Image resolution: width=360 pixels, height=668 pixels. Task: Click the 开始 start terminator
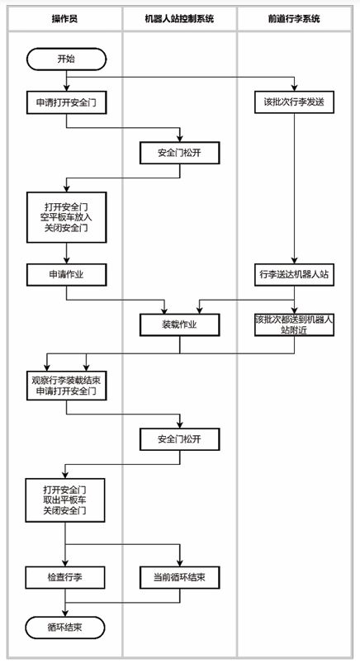(66, 59)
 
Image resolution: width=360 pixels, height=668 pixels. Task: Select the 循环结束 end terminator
(66, 628)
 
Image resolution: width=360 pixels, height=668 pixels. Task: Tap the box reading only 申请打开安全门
(66, 103)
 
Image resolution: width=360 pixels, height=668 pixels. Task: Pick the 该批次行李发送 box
(294, 103)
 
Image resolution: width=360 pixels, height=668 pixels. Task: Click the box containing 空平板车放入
(66, 217)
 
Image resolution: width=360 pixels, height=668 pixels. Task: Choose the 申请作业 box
(66, 273)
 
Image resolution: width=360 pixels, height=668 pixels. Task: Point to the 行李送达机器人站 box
(294, 273)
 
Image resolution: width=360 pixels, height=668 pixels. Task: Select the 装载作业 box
(179, 325)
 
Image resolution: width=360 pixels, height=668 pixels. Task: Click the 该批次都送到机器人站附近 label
(294, 325)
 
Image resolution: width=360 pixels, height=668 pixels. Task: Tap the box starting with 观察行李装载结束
(66, 385)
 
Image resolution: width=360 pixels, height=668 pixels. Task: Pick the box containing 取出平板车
(66, 500)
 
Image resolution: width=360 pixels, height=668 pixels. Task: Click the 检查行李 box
(66, 577)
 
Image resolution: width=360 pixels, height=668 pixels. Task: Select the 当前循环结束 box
(179, 577)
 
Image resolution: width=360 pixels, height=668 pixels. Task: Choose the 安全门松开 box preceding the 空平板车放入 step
(179, 154)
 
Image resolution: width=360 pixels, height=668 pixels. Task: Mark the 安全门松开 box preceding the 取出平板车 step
(179, 438)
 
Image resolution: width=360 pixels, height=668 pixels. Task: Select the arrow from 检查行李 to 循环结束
(66, 603)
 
